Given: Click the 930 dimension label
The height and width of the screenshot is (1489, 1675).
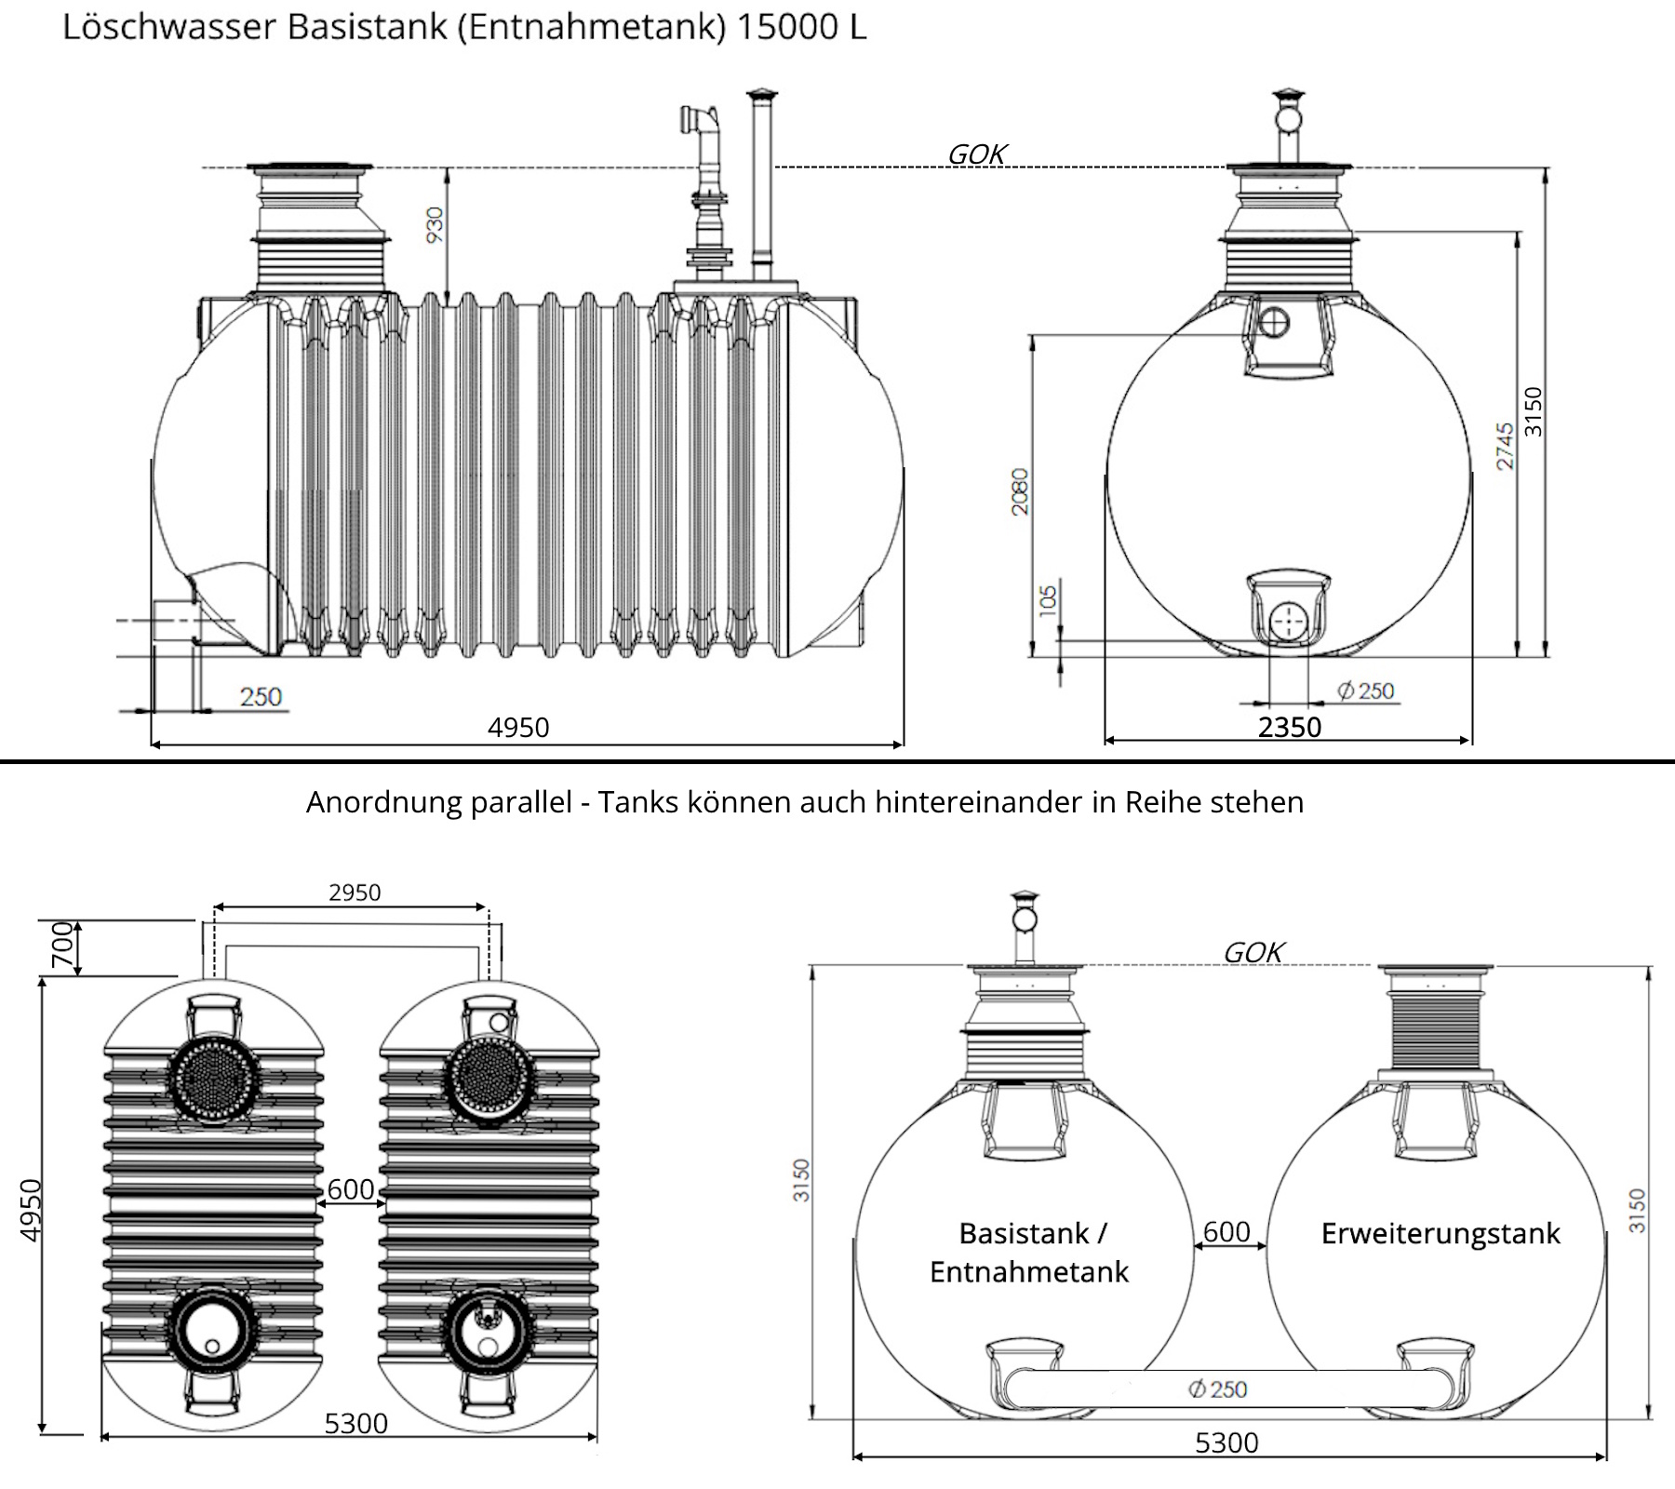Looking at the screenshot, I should coord(435,225).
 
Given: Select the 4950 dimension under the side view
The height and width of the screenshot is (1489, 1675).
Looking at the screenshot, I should coord(518,727).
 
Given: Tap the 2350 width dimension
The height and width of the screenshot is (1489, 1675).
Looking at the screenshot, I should coord(1289,727).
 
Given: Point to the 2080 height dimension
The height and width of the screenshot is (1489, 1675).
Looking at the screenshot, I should coord(1020,491).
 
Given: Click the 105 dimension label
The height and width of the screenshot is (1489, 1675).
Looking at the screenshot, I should coord(1048,598).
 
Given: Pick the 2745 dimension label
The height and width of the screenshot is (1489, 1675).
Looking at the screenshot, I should coord(1505,446).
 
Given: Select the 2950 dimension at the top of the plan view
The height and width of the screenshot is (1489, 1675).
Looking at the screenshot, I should coord(355,892).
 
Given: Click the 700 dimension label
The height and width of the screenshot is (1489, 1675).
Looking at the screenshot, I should coord(62,945).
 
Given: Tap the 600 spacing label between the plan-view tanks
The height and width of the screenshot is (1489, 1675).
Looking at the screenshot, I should coord(351,1189).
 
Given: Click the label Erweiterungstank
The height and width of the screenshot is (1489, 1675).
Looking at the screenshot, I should coord(1440,1233).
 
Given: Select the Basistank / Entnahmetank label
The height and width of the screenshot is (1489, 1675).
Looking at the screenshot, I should coord(1029,1252).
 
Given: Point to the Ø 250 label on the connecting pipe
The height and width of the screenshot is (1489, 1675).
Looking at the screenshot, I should coord(1217,1389).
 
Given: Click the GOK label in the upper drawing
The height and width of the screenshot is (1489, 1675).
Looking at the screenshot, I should coord(976,154).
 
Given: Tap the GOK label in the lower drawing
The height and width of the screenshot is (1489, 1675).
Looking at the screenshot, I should coord(1253,952).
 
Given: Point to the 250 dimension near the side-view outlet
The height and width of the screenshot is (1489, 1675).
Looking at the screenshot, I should coord(261,696).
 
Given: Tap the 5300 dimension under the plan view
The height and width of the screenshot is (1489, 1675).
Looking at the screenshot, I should coord(355,1423).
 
